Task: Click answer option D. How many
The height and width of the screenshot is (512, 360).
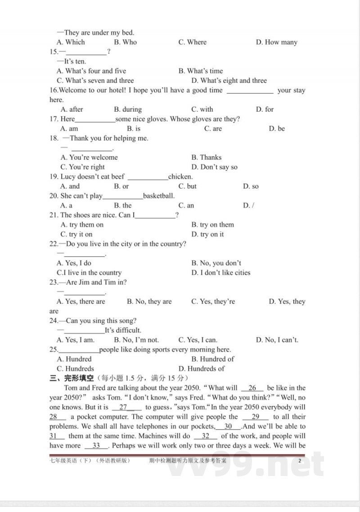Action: tap(276, 42)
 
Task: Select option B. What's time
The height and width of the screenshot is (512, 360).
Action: tap(200, 71)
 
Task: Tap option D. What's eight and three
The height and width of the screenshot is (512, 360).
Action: tap(229, 81)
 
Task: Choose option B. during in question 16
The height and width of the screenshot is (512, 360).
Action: tap(128, 109)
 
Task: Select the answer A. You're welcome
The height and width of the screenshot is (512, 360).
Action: tap(89, 158)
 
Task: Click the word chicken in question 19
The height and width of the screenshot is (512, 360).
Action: tap(180, 177)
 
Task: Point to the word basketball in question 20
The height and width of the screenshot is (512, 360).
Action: tap(158, 196)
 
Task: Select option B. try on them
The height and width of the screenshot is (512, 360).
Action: tap(212, 225)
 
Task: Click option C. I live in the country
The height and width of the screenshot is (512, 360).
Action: tap(89, 273)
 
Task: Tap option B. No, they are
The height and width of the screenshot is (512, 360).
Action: tap(149, 302)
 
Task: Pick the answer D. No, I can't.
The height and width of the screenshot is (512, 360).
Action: tap(277, 340)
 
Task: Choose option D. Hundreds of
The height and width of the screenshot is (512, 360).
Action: tap(201, 369)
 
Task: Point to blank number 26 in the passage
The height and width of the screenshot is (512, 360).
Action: tap(252, 388)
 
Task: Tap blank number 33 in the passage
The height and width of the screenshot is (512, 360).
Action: tap(96, 446)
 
